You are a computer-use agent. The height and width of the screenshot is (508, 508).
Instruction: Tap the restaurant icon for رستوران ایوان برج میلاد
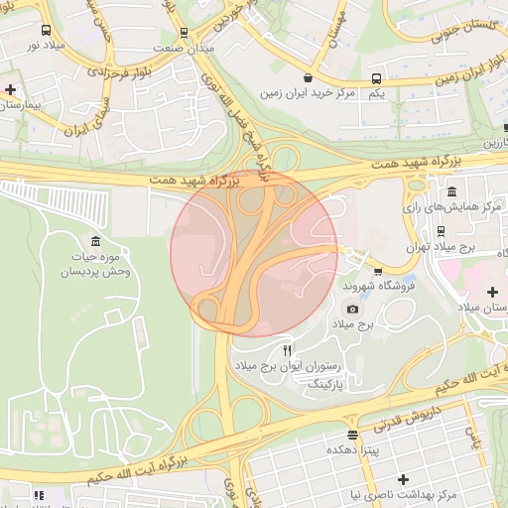[x=288, y=350]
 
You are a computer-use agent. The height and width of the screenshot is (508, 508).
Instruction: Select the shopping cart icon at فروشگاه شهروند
[x=377, y=272]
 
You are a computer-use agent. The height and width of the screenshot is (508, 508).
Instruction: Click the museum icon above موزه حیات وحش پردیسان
[x=95, y=242]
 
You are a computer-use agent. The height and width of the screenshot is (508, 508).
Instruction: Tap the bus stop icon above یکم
[x=376, y=78]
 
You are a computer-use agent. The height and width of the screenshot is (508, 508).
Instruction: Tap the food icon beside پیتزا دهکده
[x=352, y=436]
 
